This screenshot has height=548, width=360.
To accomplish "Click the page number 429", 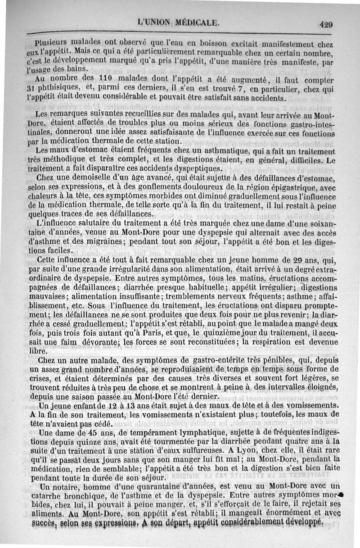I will point(326,25).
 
